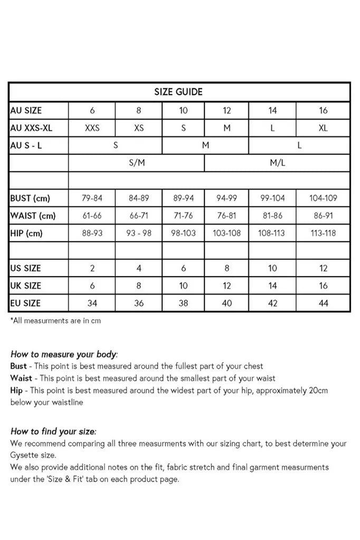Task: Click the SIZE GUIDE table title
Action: point(178,92)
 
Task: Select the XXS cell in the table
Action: point(92,128)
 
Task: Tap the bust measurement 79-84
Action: point(92,198)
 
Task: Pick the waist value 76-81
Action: point(226,216)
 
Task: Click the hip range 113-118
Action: point(323,233)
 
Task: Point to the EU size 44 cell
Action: point(323,303)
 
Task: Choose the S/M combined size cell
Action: point(137,163)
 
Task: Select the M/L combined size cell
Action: point(278,163)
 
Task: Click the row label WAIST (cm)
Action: point(33,216)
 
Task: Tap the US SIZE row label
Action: point(25,268)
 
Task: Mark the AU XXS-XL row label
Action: point(31,128)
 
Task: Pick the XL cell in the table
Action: point(323,128)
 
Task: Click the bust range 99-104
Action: point(272,198)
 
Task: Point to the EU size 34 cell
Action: point(92,303)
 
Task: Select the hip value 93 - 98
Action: point(139,233)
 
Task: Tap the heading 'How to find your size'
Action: point(53,431)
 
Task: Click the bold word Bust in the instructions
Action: point(18,366)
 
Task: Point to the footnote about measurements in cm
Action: point(55,320)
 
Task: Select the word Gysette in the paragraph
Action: point(24,454)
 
